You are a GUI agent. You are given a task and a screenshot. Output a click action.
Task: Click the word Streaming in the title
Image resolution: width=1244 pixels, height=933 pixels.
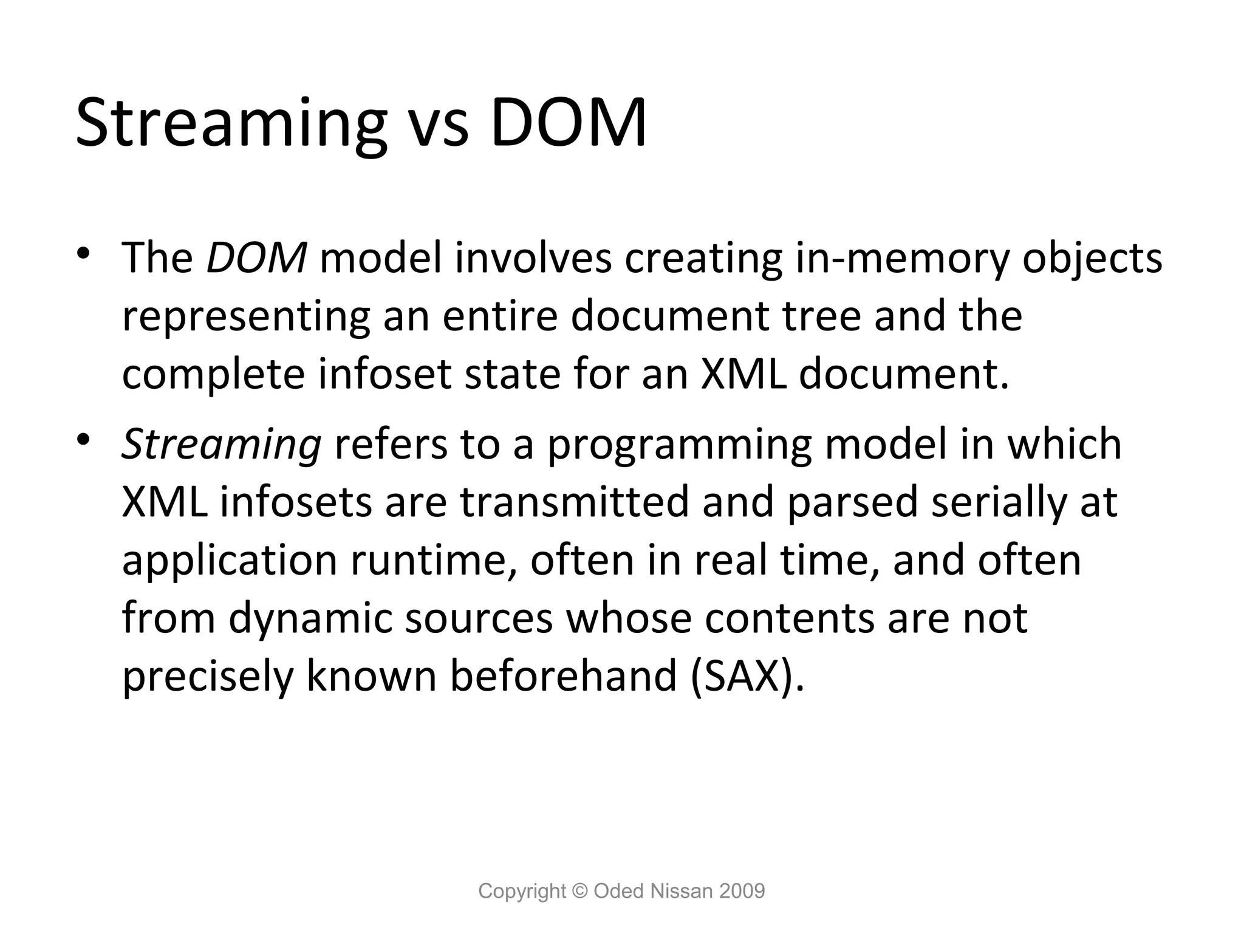[231, 125]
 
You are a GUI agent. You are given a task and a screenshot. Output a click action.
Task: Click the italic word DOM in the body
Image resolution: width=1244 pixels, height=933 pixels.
[256, 258]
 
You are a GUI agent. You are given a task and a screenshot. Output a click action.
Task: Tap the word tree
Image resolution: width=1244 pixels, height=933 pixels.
[822, 316]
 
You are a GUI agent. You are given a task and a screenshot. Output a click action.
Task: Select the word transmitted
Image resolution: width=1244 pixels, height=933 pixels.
[574, 502]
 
